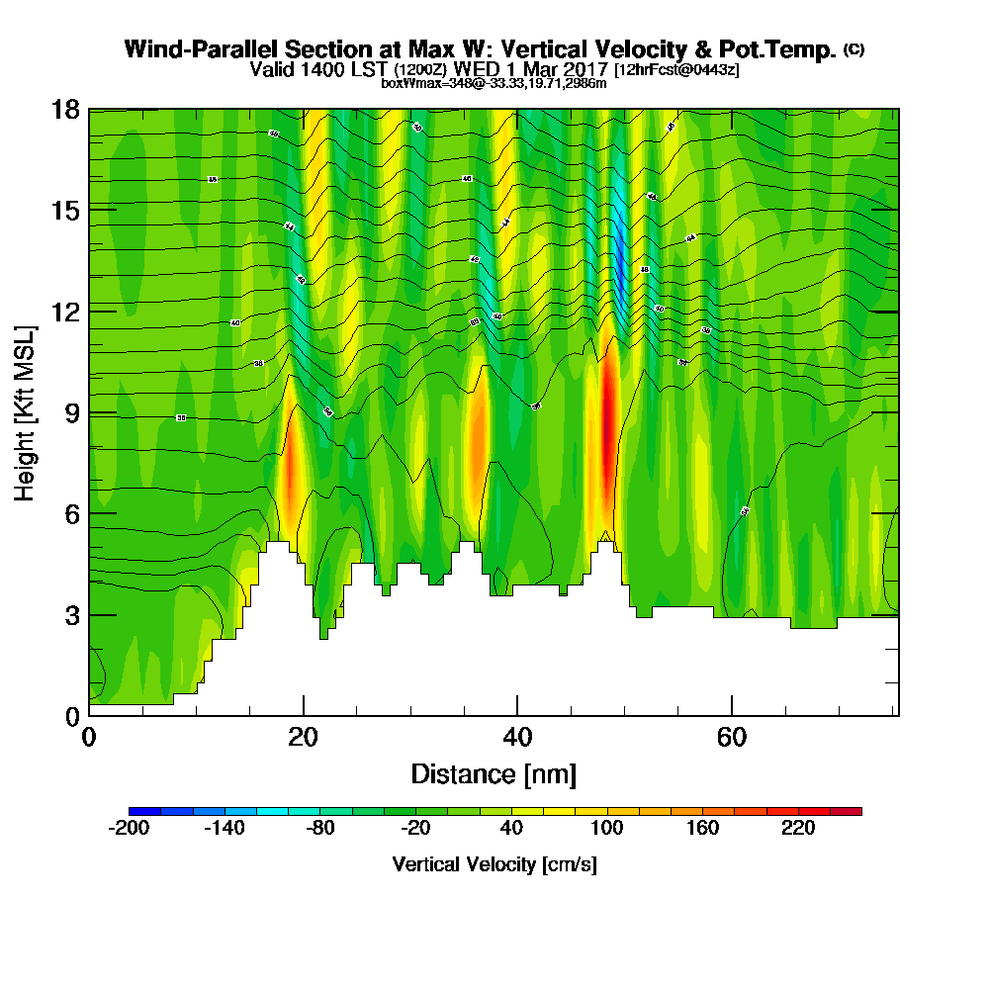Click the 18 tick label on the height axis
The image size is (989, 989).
click(64, 109)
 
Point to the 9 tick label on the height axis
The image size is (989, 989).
click(71, 412)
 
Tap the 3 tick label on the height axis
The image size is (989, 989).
click(71, 615)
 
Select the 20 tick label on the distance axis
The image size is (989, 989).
click(303, 738)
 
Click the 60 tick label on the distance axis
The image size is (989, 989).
click(731, 738)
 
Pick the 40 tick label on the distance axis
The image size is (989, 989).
click(517, 738)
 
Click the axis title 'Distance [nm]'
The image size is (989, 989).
click(494, 773)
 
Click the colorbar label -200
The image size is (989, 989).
click(129, 829)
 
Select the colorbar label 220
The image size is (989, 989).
click(798, 829)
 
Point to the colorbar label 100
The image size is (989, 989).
click(606, 829)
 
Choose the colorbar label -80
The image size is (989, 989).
click(320, 829)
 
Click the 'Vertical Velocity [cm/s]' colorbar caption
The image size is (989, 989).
click(494, 864)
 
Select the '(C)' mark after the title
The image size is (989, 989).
click(854, 49)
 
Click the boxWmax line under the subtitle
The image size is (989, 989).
click(494, 83)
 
